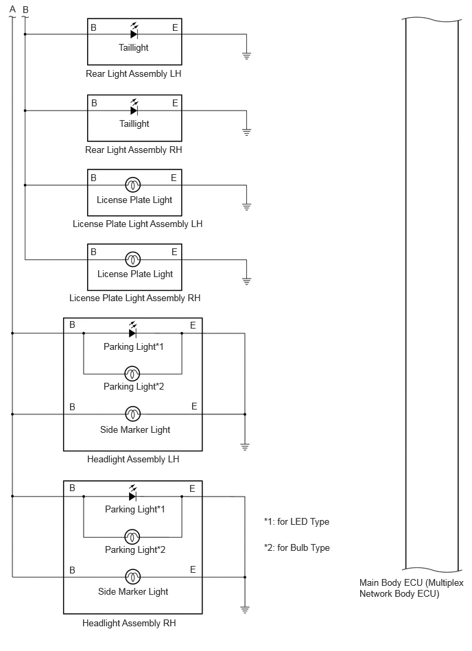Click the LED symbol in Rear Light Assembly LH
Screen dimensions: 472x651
pos(134,32)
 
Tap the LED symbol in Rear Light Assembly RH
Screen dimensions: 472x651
pos(134,108)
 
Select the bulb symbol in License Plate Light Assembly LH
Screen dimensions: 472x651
pos(133,185)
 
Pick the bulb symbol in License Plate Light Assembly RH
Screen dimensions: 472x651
pos(133,259)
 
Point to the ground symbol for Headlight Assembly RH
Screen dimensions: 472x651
pos(245,610)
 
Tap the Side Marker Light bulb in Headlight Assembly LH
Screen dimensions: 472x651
pos(133,414)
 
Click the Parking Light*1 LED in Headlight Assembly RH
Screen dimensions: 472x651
pos(132,493)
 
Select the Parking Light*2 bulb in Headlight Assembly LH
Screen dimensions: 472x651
pos(132,374)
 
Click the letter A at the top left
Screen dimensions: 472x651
pos(12,9)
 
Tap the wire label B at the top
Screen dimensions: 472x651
pos(25,10)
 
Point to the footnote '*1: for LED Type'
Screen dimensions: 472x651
pos(297,521)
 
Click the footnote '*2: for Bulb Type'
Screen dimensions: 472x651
pos(297,547)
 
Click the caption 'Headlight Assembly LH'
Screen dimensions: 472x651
pos(133,459)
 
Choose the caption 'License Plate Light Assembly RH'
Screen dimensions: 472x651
pos(135,298)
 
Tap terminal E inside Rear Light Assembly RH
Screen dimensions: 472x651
pos(175,103)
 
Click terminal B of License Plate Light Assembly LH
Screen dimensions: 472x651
pos(93,178)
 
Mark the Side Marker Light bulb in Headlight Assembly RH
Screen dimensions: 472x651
pos(133,577)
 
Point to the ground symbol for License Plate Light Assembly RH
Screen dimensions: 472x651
pos(246,281)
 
